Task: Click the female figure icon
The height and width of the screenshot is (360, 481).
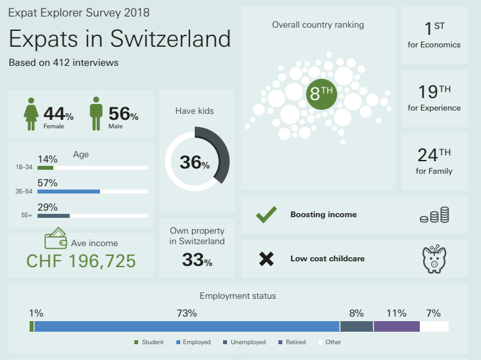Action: tap(31, 114)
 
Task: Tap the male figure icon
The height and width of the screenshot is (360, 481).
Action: tap(96, 114)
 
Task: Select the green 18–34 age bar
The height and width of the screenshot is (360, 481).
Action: tap(45, 168)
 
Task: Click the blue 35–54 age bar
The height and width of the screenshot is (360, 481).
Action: tap(68, 192)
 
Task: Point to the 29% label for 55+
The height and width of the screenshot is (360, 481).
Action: tap(47, 207)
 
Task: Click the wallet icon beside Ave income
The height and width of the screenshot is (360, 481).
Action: tap(55, 238)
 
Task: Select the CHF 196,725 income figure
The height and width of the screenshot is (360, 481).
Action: tap(81, 261)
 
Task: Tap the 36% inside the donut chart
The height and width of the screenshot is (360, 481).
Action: tap(195, 163)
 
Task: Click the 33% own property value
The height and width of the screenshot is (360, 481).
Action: tap(197, 260)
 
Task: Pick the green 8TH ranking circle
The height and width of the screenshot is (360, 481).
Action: tap(322, 94)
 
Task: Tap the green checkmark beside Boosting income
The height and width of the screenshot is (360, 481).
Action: tap(266, 215)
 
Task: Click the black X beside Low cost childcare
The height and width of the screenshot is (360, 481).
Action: tap(266, 259)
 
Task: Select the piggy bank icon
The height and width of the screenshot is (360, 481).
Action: tap(434, 259)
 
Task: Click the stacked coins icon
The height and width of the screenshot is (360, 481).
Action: tap(434, 215)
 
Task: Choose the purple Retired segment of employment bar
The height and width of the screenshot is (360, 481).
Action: tap(397, 326)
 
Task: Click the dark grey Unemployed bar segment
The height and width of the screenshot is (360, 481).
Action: tap(357, 326)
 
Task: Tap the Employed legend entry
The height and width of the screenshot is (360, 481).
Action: tap(193, 342)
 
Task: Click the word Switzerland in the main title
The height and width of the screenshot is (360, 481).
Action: tap(170, 39)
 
